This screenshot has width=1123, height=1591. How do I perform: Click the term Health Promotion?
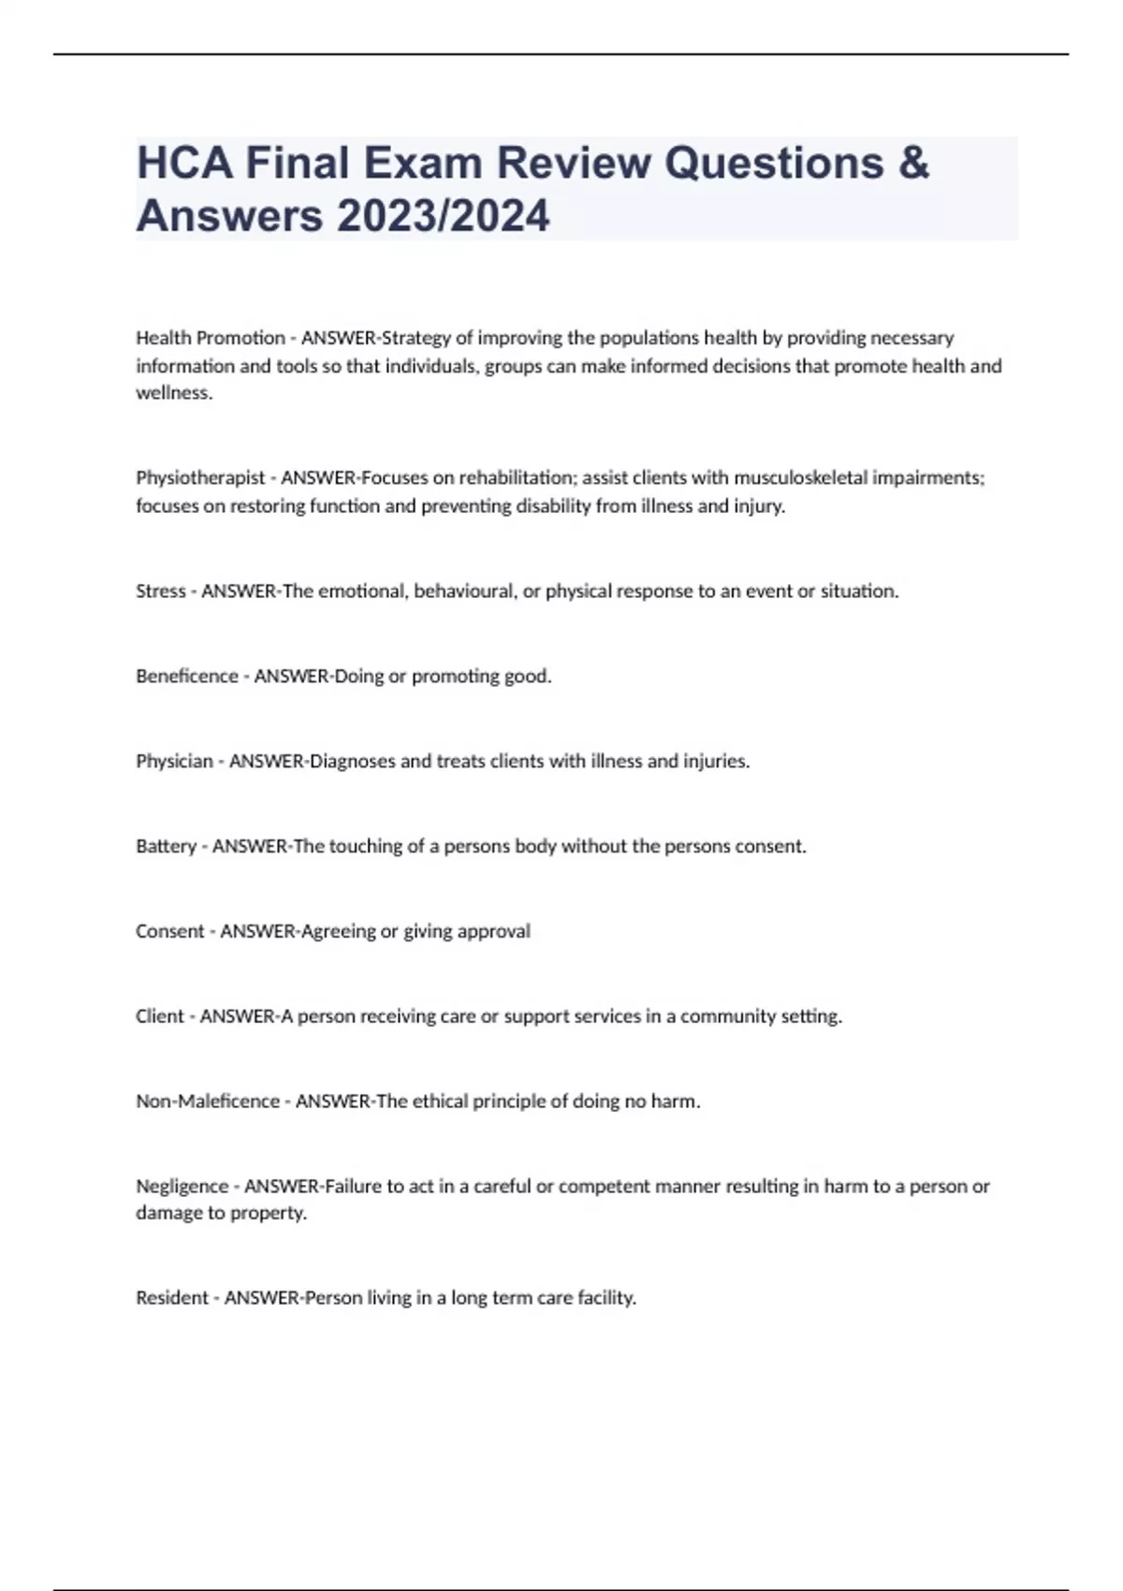coord(211,338)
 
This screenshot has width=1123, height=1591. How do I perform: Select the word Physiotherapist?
coord(200,478)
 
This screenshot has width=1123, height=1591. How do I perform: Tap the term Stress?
coord(160,591)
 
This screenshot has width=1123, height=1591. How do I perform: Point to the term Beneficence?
coord(187,677)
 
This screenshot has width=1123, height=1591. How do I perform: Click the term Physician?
coord(174,762)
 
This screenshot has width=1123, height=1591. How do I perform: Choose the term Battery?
coord(166,847)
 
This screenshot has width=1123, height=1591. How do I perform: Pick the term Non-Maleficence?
coord(208,1102)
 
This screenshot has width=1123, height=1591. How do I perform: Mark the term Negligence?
coord(182,1187)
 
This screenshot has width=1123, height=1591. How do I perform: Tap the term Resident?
coord(172,1298)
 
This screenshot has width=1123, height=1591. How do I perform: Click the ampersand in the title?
coord(912,163)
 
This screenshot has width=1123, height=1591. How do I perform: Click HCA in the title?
coord(184,163)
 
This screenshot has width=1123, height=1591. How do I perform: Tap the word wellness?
coord(173,393)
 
